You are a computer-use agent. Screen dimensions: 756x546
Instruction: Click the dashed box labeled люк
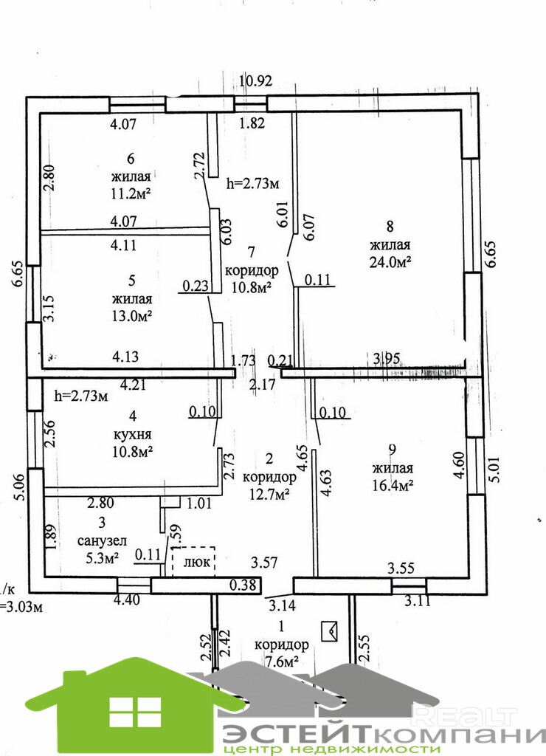click(x=193, y=561)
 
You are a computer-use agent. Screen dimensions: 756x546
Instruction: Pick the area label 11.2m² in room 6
click(x=131, y=194)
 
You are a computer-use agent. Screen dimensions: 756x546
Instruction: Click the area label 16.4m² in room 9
click(x=392, y=484)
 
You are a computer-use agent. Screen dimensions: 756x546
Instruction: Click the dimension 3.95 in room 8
click(x=387, y=359)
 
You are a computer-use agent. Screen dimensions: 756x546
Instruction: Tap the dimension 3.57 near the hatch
click(x=265, y=563)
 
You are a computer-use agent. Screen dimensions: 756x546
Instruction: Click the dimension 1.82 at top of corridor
click(x=252, y=124)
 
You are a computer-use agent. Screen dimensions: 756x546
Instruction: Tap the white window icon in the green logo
click(x=134, y=712)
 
